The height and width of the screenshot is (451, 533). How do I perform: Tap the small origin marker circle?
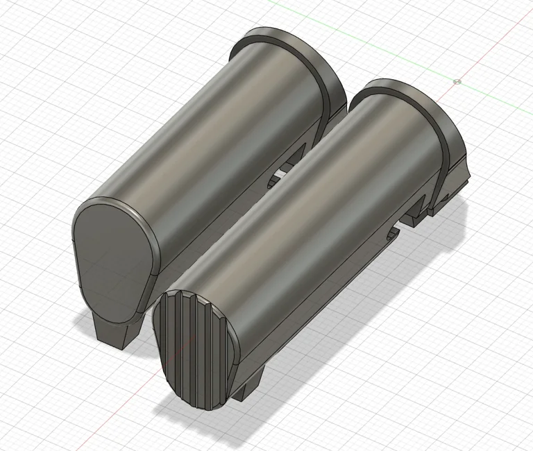pyautogui.click(x=457, y=81)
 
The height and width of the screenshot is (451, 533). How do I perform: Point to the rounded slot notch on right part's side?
pyautogui.click(x=393, y=233)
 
